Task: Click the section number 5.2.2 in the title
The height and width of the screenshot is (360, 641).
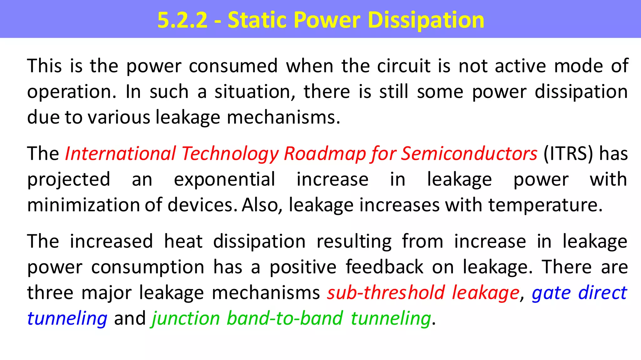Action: tap(182, 20)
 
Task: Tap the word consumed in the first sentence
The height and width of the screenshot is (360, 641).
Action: tap(233, 66)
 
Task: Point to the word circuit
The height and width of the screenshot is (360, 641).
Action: tap(404, 66)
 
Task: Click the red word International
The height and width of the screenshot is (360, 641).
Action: tap(121, 154)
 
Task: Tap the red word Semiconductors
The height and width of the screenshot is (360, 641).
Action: tap(469, 154)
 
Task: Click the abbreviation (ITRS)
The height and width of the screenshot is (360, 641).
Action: tap(568, 154)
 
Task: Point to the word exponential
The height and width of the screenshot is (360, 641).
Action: tap(224, 180)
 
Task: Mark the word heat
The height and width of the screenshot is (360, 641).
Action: tap(183, 241)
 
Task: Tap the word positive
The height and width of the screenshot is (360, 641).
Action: tap(303, 267)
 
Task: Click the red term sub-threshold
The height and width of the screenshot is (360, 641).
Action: tap(386, 293)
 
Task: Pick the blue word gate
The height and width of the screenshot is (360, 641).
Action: tap(551, 293)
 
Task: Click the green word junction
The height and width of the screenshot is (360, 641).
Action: tap(186, 318)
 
